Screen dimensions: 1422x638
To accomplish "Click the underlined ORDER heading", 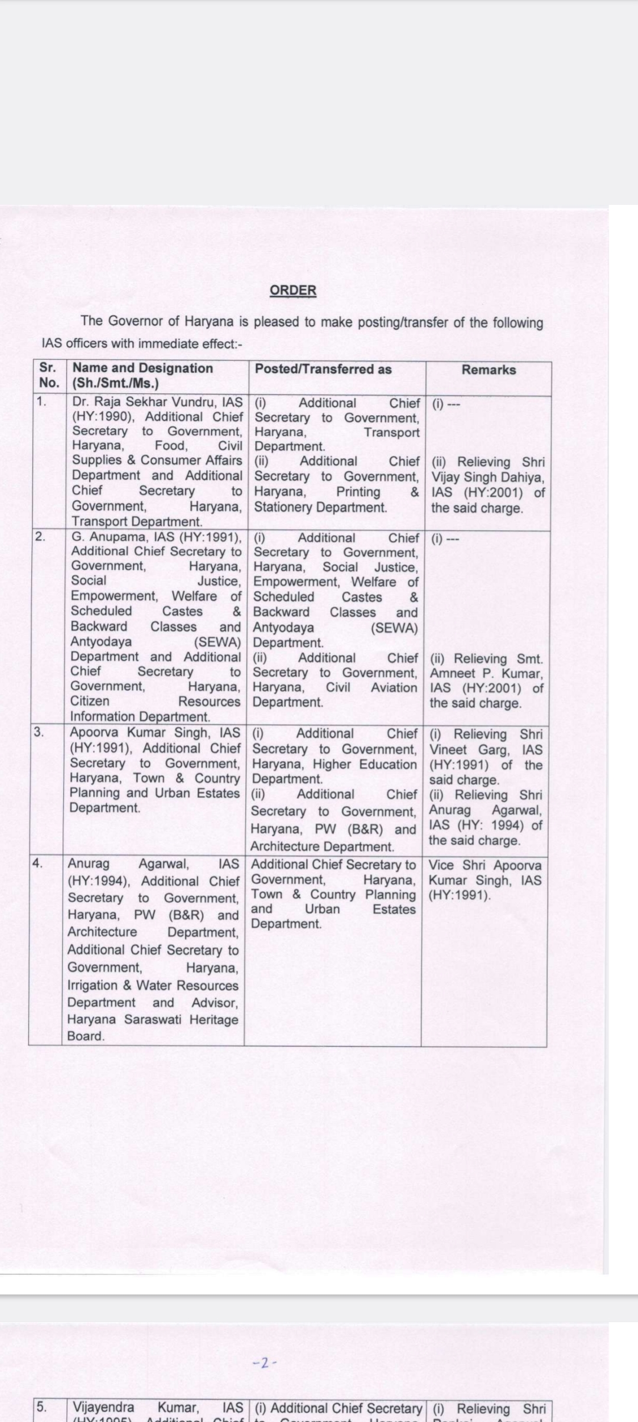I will pyautogui.click(x=293, y=291).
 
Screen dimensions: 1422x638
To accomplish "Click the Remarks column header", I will pyautogui.click(x=489, y=370).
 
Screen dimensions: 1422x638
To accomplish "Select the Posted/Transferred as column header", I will pyautogui.click(x=323, y=369).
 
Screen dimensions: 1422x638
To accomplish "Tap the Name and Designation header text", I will pyautogui.click(x=142, y=368).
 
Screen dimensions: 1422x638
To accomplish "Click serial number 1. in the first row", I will pyautogui.click(x=41, y=402).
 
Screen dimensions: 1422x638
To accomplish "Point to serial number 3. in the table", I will pyautogui.click(x=38, y=732).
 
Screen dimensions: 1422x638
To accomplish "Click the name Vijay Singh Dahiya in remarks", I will pyautogui.click(x=487, y=477).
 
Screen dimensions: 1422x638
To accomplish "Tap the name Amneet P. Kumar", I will pyautogui.click(x=485, y=674).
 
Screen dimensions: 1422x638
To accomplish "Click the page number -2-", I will pyautogui.click(x=264, y=1363).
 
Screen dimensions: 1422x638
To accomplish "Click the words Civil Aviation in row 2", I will pyautogui.click(x=371, y=687).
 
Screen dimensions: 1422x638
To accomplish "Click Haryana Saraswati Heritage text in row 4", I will pyautogui.click(x=152, y=1019).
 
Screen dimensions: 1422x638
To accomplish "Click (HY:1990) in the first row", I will pyautogui.click(x=99, y=416).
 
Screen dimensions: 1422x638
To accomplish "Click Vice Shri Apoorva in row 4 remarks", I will pyautogui.click(x=484, y=865).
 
